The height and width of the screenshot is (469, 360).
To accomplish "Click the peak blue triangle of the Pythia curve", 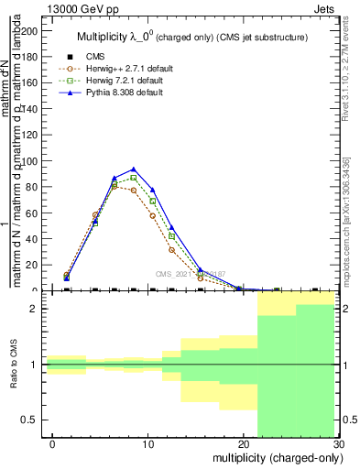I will click(134, 169).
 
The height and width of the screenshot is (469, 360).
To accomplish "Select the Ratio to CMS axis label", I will click(13, 365).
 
